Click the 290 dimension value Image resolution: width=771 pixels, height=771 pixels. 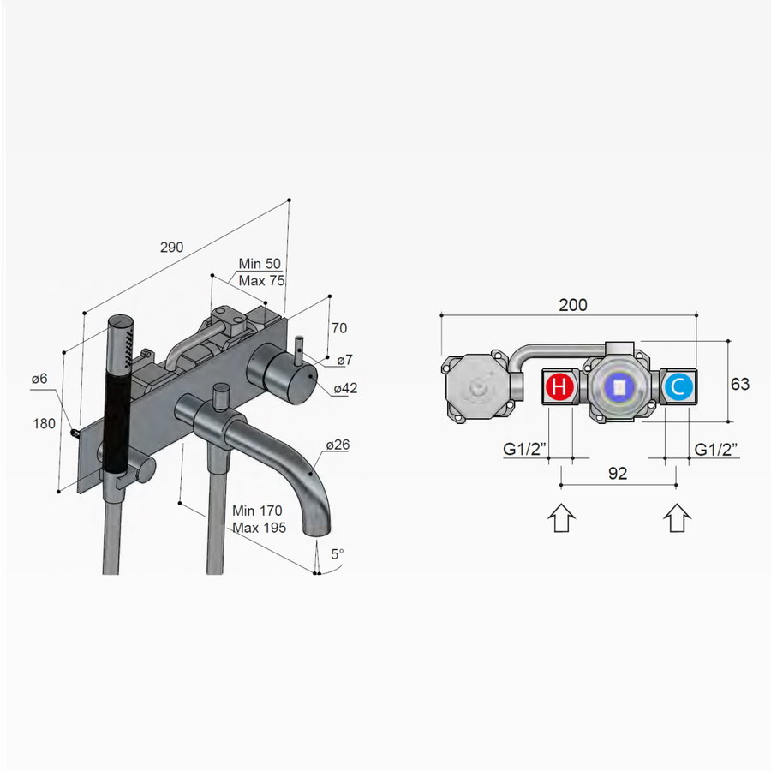[x=171, y=248]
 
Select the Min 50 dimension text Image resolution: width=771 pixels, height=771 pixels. [x=260, y=265]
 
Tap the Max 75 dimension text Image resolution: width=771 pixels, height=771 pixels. [x=260, y=281]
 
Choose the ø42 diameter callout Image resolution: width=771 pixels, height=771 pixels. [x=345, y=388]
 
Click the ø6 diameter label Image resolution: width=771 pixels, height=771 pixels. [x=39, y=379]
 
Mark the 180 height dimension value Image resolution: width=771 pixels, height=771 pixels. [x=45, y=423]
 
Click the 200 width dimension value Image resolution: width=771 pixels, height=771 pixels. [x=573, y=305]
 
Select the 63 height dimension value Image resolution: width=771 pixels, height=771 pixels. [x=739, y=385]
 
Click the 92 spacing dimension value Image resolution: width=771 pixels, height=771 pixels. [x=618, y=473]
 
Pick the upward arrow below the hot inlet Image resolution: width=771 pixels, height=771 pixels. [x=561, y=517]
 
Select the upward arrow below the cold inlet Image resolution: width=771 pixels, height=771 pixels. [x=677, y=517]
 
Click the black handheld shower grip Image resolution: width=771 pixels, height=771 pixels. [x=117, y=403]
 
